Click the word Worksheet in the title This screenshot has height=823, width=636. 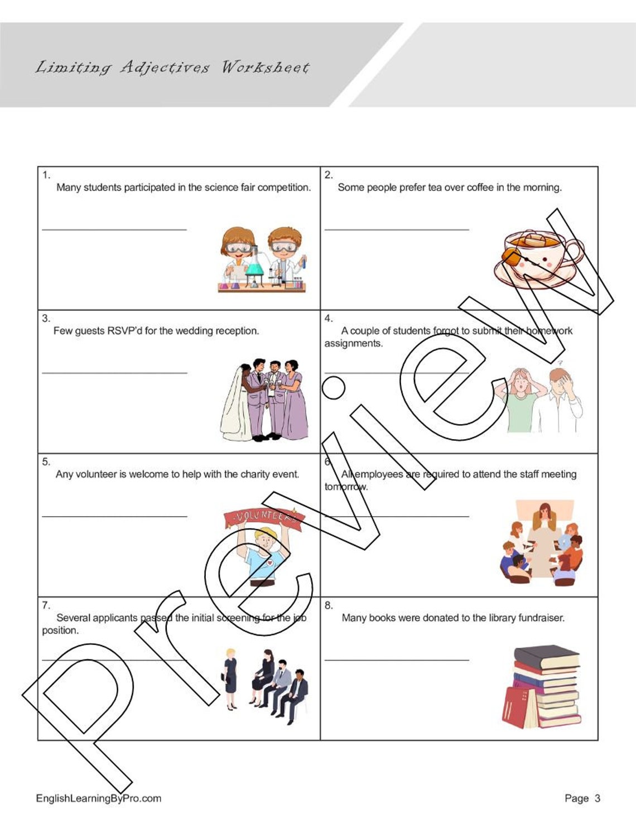tap(265, 68)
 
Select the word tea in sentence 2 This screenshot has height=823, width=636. tap(435, 187)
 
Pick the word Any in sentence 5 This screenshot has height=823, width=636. tap(64, 474)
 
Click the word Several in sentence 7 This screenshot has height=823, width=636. tap(73, 618)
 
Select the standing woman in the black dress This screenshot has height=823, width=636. tap(230, 678)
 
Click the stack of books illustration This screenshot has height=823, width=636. tap(542, 687)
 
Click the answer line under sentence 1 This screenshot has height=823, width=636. tap(114, 229)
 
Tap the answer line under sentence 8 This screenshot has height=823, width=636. tap(397, 660)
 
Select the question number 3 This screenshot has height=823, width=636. tap(46, 319)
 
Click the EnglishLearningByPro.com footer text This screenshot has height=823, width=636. tap(99, 798)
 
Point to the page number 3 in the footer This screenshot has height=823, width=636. tap(597, 798)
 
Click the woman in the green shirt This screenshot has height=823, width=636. tap(522, 402)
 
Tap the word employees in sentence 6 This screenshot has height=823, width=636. tap(379, 474)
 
